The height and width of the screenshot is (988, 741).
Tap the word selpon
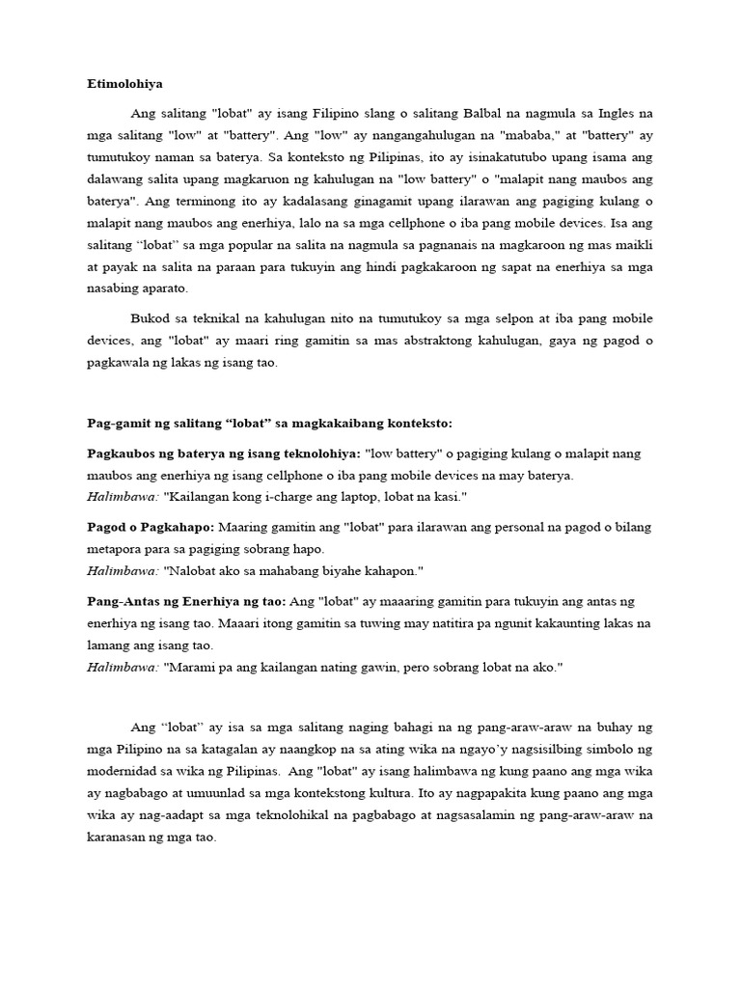tap(452, 319)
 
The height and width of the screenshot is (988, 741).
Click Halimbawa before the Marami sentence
tap(123, 667)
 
